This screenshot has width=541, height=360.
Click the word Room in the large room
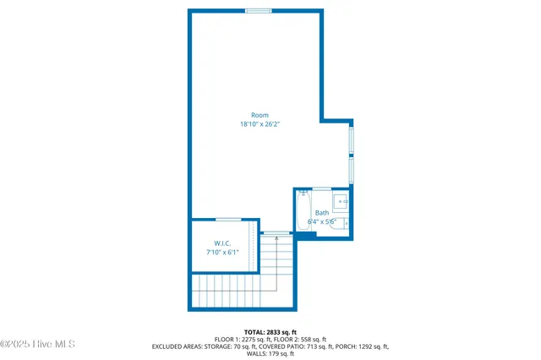pos(259,115)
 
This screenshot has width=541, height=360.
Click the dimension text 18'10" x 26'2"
pos(259,124)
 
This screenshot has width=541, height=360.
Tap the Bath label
pos(322,213)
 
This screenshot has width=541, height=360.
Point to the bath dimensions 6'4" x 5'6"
pos(322,222)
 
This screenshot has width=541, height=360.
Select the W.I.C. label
pos(223,243)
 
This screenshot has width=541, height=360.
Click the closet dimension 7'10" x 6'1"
pos(223,252)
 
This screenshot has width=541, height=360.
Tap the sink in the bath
pos(341,201)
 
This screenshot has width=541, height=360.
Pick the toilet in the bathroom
pos(345,222)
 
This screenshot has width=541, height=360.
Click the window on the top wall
pos(259,11)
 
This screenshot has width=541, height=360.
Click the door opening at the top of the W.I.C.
pos(228,220)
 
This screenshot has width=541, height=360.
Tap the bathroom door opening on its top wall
pos(321,188)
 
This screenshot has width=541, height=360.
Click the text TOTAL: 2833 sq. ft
pos(270,331)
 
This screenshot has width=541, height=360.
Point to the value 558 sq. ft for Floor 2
pos(308,339)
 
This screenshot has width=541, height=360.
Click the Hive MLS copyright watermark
pos(38,344)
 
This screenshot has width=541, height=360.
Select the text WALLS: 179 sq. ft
pos(270,354)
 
